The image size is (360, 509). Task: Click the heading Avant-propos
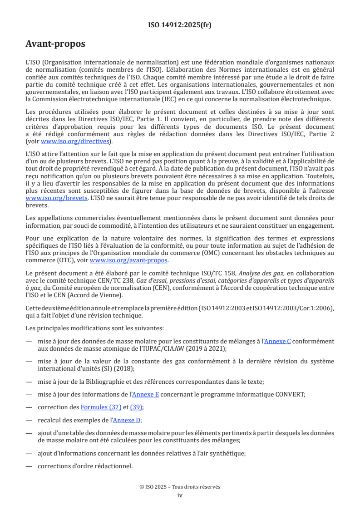[x=55, y=44]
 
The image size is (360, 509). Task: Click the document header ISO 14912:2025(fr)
[x=180, y=25]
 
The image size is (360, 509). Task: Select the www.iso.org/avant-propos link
[x=129, y=260]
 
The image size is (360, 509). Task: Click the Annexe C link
[x=277, y=341]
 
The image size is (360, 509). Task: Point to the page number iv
[x=180, y=495]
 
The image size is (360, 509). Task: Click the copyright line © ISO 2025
[x=180, y=487]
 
